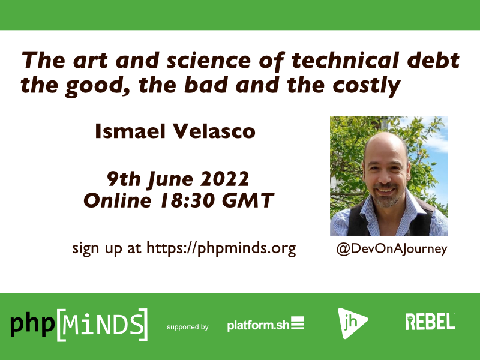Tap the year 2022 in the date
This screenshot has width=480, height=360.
tap(225, 178)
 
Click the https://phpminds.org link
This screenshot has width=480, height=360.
tap(221, 248)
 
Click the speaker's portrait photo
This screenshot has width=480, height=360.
tap(388, 175)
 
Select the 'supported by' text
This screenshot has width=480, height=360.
tap(188, 327)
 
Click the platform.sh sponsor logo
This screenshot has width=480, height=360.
tap(265, 325)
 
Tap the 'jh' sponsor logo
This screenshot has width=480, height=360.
tap(352, 325)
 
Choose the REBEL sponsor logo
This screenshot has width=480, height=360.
tap(430, 322)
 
